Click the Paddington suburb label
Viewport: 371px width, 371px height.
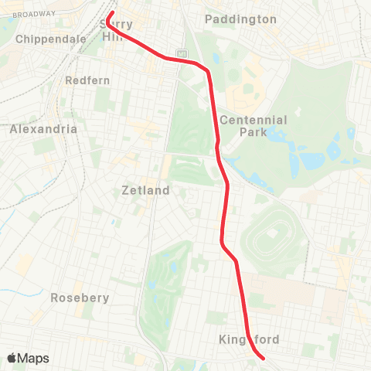[x=240, y=19]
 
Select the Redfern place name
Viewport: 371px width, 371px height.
[x=88, y=80]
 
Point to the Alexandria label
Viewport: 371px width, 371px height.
[x=43, y=129]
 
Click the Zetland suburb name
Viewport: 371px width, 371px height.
[x=146, y=190]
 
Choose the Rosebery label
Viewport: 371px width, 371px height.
[x=80, y=298]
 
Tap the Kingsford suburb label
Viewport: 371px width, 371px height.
[x=249, y=339]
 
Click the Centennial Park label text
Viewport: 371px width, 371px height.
[x=253, y=126]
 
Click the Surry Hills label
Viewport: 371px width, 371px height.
[x=122, y=30]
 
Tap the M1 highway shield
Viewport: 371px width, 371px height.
[x=181, y=53]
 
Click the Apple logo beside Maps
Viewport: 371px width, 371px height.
[x=12, y=358]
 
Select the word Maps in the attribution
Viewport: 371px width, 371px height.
[x=34, y=358]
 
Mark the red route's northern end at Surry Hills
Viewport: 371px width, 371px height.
[x=111, y=13]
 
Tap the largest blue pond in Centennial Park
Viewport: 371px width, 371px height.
[x=311, y=160]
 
